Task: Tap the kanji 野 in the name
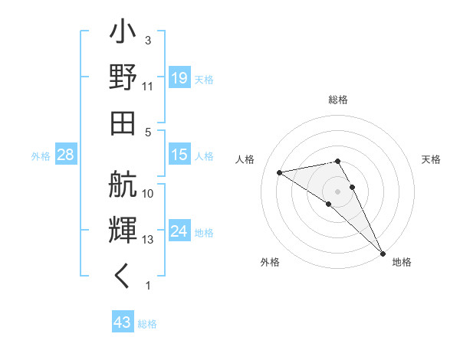point(123,78)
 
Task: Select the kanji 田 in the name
point(123,123)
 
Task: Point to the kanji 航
point(123,184)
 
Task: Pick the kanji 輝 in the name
point(123,230)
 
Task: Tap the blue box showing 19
point(179,77)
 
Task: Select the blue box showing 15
point(179,155)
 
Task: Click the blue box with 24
point(179,231)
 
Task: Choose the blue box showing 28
point(66,155)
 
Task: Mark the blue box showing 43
point(122,322)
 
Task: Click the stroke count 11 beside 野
point(148,87)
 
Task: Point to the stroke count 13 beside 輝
point(148,240)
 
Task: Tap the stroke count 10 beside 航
point(148,194)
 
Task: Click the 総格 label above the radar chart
point(337,100)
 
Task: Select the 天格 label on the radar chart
point(431,159)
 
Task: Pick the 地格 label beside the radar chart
point(402,262)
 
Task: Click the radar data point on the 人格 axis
point(280,172)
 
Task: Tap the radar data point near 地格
point(383,253)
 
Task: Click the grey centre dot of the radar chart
point(337,191)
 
